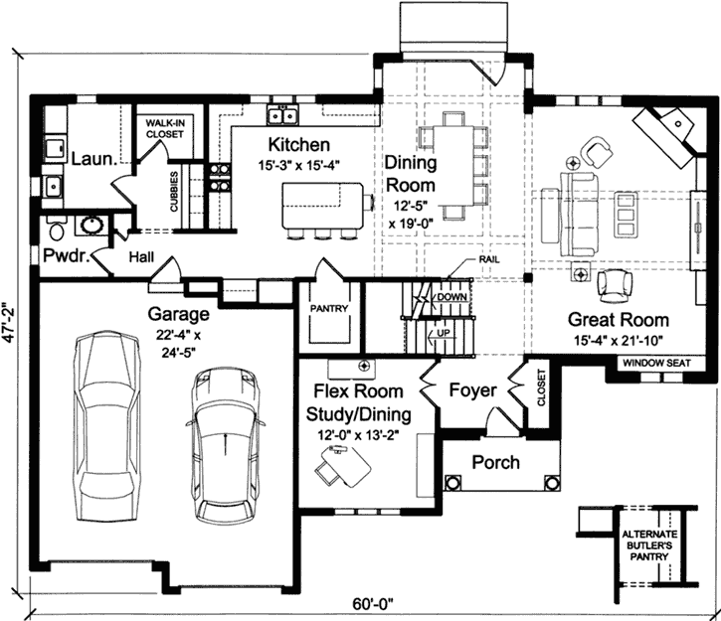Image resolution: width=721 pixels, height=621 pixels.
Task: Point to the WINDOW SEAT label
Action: click(x=656, y=364)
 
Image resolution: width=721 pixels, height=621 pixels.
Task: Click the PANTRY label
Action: click(x=329, y=309)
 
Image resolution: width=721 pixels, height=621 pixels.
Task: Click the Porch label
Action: click(x=495, y=462)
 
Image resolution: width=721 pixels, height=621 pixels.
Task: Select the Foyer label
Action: click(x=471, y=390)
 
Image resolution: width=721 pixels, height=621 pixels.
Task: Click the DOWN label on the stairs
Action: click(x=451, y=296)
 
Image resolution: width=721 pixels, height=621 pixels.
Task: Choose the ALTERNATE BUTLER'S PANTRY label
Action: click(x=648, y=548)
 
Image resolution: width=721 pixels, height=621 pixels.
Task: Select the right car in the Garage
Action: click(x=227, y=444)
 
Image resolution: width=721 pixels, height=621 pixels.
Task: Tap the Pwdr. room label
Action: click(x=64, y=256)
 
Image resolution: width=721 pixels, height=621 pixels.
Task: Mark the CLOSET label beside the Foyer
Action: click(x=541, y=391)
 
